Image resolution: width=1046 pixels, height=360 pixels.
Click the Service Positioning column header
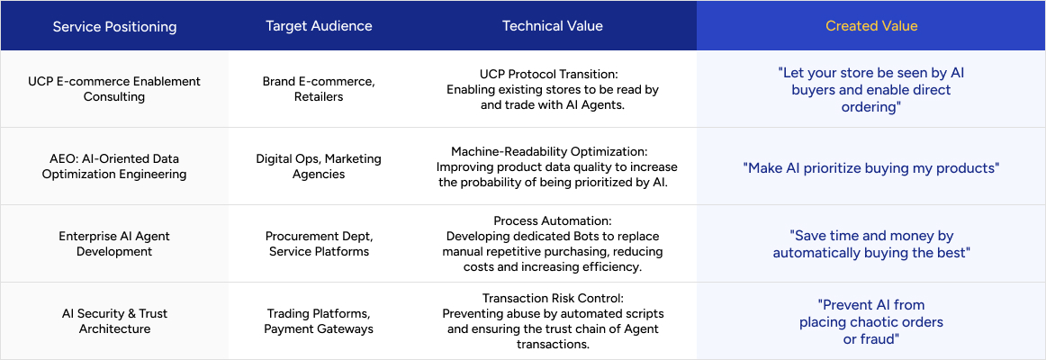click(114, 27)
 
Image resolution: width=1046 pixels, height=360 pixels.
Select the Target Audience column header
click(319, 26)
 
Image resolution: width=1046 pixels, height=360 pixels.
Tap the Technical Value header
click(553, 26)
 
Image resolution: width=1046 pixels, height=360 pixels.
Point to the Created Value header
click(871, 26)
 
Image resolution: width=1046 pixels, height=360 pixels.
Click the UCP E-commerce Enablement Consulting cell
click(114, 89)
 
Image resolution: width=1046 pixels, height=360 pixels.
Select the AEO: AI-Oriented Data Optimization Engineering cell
click(114, 166)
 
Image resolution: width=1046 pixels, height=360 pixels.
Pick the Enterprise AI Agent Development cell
click(114, 244)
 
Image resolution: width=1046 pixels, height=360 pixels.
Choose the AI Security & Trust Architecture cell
click(114, 321)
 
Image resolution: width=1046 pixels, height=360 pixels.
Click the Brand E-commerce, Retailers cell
click(319, 89)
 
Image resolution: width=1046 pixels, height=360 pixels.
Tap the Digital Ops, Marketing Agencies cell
click(319, 166)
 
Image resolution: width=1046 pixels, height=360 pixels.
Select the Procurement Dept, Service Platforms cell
click(319, 244)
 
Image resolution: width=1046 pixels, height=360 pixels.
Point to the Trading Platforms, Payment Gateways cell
click(319, 321)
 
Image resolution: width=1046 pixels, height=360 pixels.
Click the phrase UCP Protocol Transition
click(551, 73)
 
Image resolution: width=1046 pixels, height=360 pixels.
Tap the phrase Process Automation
click(553, 220)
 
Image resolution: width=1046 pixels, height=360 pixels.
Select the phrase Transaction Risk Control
click(553, 299)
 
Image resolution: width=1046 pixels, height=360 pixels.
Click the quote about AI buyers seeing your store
click(871, 90)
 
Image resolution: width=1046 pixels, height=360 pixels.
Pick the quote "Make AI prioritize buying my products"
click(871, 167)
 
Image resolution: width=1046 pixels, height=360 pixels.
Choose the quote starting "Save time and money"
click(871, 244)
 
